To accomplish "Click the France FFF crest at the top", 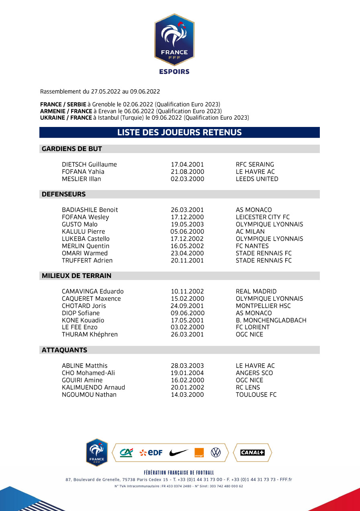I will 174,39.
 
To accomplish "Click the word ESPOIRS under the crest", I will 174,72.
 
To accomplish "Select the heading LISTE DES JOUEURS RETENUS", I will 179,133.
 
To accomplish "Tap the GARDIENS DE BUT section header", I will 72,149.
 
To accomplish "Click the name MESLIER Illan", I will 81,179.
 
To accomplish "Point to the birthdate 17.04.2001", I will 187,164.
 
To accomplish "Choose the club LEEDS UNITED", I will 257,179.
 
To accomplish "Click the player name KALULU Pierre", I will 83,231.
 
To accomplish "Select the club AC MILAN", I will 250,231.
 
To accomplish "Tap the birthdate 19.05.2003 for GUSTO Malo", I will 187,224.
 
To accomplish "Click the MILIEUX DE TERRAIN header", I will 76,276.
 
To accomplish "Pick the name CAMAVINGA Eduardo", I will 92,291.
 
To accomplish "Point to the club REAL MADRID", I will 256,291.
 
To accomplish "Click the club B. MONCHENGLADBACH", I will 271,320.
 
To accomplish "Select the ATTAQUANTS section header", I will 64,350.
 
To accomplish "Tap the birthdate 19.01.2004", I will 187,373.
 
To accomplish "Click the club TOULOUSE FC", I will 256,394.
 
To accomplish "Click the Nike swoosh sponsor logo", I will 178,453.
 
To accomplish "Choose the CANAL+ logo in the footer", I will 252,453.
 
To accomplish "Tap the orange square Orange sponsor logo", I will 199,453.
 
